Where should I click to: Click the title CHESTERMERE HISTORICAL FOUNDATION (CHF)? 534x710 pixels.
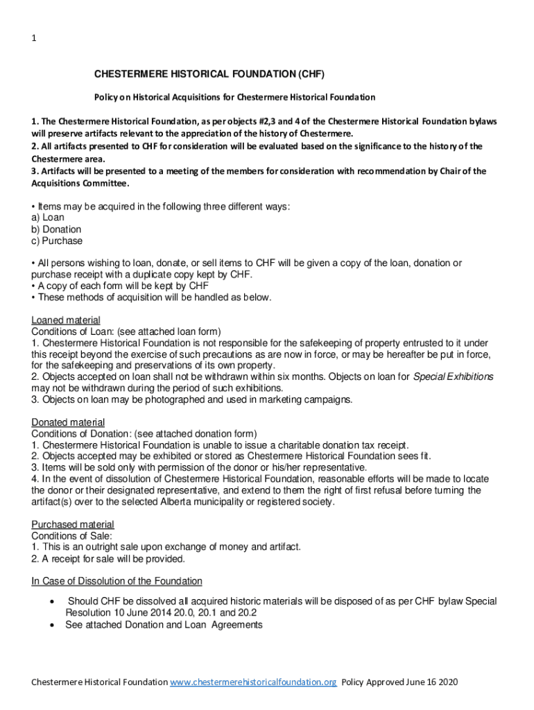tap(209, 73)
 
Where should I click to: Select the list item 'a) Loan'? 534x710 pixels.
tap(48, 218)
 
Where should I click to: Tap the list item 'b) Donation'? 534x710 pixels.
tap(56, 230)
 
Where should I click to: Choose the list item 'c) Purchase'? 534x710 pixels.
tap(57, 241)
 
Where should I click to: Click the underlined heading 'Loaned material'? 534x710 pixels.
tap(66, 320)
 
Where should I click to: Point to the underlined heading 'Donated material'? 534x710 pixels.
tap(68, 422)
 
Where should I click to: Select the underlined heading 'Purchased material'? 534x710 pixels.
tap(73, 524)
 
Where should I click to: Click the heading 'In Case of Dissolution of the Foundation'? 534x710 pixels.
tap(117, 581)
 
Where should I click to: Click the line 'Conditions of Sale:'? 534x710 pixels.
tap(71, 536)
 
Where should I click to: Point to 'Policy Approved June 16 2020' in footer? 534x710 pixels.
tap(400, 682)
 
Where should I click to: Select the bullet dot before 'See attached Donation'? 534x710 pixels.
tap(53, 625)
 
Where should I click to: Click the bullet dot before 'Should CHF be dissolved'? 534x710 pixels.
tap(53, 602)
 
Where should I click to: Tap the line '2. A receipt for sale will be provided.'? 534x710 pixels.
tap(108, 559)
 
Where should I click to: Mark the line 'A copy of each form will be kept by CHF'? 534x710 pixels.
tap(120, 286)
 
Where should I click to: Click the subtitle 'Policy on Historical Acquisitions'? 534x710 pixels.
tap(234, 97)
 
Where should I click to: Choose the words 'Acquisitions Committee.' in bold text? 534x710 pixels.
tap(80, 183)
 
